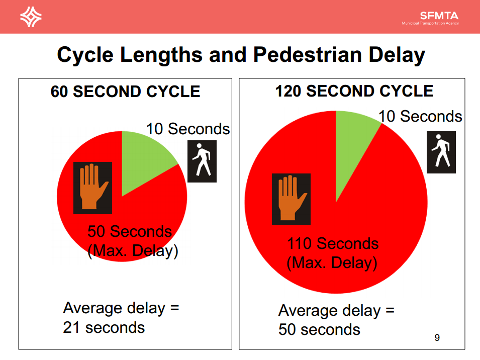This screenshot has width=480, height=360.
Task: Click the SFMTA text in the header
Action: point(439,16)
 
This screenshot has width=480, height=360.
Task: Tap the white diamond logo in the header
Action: point(31,17)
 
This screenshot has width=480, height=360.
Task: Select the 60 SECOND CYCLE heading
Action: point(126,92)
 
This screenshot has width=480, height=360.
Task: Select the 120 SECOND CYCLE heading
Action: point(354,91)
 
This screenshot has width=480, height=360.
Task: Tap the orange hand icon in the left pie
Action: point(93,188)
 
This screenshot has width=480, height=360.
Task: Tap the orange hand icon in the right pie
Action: point(291,199)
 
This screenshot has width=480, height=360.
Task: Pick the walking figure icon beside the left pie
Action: point(202,161)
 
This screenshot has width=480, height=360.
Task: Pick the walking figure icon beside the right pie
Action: point(441,152)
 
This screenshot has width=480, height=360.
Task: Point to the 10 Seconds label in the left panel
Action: point(188,129)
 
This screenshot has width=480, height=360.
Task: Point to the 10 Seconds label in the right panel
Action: point(420,116)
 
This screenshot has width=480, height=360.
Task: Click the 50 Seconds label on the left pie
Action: point(130,231)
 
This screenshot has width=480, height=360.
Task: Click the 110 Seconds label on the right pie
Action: point(333,243)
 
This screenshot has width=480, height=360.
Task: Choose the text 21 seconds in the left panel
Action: point(104,327)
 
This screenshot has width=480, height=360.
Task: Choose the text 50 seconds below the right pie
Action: point(319,329)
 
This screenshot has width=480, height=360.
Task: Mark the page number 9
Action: point(437,337)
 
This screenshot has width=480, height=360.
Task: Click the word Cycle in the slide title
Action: point(85,54)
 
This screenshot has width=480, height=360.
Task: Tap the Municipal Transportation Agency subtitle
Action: point(430,24)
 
